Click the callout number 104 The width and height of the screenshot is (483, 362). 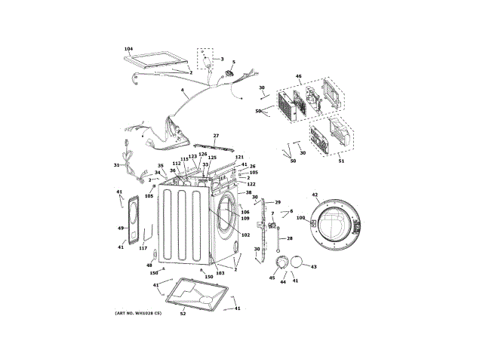coord(128,48)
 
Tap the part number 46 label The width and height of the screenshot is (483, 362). coord(298,76)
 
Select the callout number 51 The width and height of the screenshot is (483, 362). coord(340,160)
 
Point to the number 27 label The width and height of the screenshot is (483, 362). coord(215,136)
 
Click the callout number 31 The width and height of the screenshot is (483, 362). coord(116,165)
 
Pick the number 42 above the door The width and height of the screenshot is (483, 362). coord(315,195)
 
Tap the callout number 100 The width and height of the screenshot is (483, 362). coord(300,219)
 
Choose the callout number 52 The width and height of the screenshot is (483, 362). coord(183,313)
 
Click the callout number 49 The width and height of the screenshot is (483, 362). coord(121,228)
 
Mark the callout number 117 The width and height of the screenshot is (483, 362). coord(143,249)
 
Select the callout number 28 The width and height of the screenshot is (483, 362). coord(289,238)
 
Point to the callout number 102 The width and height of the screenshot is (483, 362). coord(245,235)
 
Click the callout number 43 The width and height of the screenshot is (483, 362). coord(313,267)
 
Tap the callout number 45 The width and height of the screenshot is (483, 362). coord(272,278)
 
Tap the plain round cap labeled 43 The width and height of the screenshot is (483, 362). coord(299,262)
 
